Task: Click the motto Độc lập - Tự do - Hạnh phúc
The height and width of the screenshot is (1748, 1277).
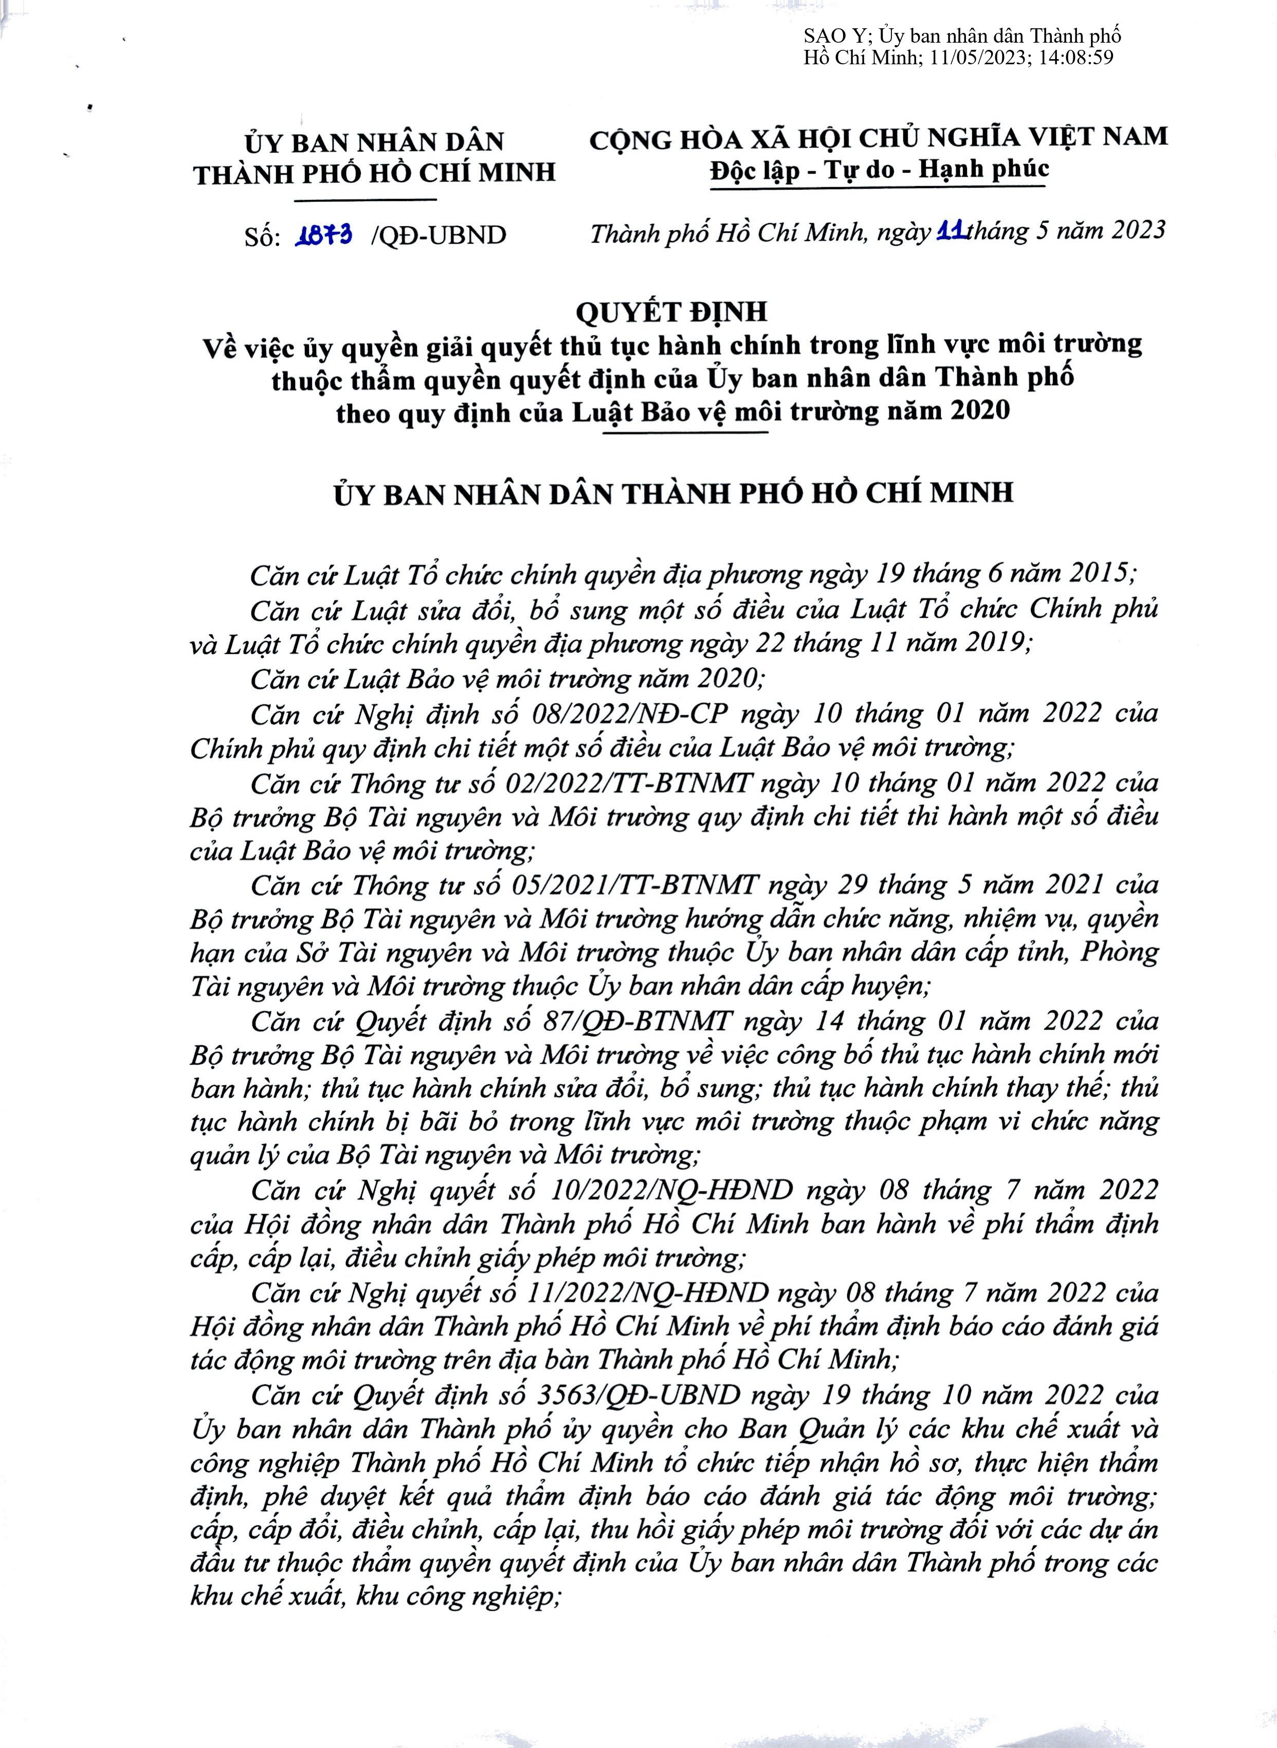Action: point(879,170)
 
